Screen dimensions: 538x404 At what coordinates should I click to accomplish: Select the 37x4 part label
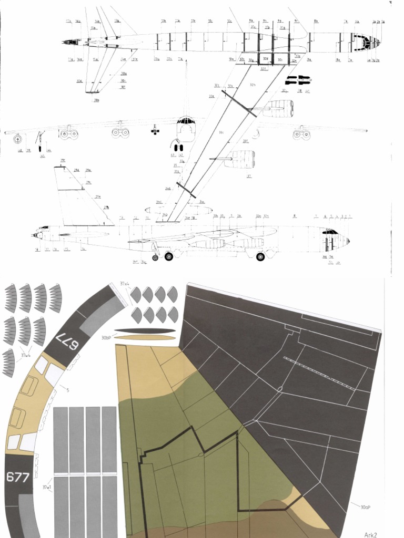click(x=125, y=284)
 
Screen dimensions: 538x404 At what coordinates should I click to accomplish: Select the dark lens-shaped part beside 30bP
click(x=144, y=331)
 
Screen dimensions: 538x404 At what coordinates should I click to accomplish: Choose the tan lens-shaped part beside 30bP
click(x=144, y=337)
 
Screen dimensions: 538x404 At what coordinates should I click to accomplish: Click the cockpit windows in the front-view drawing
click(x=185, y=121)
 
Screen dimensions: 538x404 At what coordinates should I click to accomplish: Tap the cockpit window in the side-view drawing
click(x=330, y=231)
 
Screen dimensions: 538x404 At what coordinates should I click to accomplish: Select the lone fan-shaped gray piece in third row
click(x=8, y=363)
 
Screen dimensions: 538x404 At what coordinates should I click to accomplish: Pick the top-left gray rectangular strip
click(x=61, y=439)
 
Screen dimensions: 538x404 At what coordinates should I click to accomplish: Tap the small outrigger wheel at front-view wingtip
click(x=18, y=140)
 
